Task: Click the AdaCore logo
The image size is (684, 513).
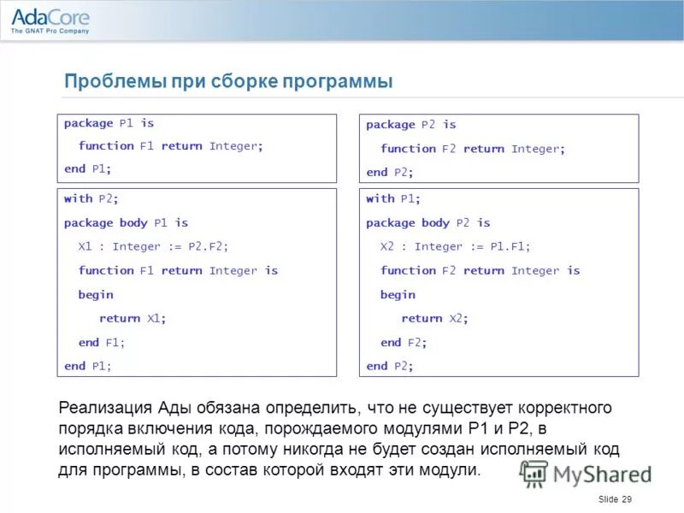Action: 50,20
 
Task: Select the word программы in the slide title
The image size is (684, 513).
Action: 341,82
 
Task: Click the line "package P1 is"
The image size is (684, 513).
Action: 109,123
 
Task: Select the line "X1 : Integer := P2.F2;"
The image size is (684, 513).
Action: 153,246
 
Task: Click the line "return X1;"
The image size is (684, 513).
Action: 133,318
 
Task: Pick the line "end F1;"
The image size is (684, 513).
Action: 102,342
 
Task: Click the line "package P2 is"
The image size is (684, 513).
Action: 411,125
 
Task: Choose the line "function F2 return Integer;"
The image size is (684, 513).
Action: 473,149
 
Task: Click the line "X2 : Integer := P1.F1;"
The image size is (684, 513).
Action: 455,246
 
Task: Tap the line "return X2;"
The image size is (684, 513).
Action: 435,318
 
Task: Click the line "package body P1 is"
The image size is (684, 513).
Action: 126,222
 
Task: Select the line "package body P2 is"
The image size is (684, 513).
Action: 428,222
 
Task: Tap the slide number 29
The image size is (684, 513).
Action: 627,499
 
